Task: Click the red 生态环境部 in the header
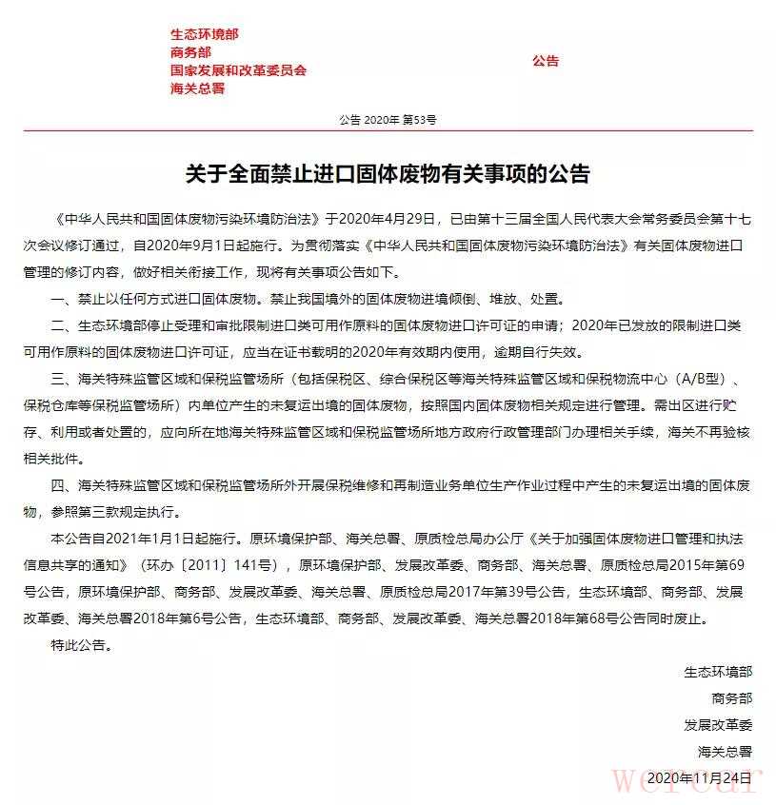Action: pyautogui.click(x=205, y=34)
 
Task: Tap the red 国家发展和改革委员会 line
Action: pyautogui.click(x=239, y=70)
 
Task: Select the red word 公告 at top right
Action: pyautogui.click(x=546, y=61)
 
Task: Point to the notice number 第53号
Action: pyautogui.click(x=419, y=121)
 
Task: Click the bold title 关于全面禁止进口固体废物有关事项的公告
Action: pyautogui.click(x=388, y=174)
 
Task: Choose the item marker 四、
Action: pyautogui.click(x=63, y=486)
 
